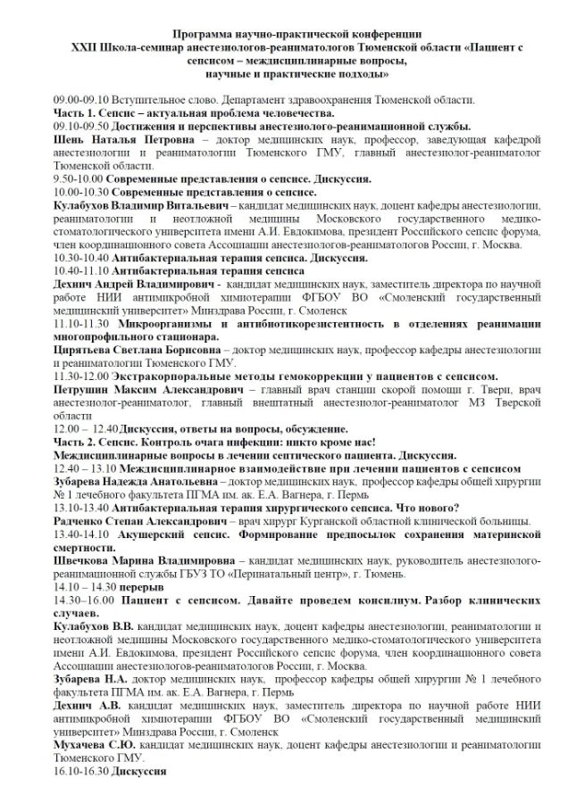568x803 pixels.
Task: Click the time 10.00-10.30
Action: pos(80,192)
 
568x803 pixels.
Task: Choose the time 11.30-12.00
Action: pos(80,378)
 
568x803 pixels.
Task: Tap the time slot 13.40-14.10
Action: pos(80,534)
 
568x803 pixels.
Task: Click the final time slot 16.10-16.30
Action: pos(79,770)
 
